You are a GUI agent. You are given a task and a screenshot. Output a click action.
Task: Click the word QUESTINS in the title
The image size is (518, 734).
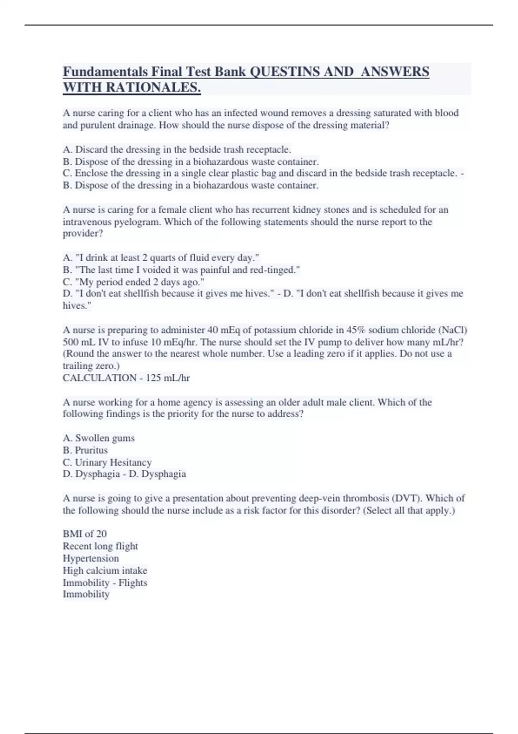click(285, 71)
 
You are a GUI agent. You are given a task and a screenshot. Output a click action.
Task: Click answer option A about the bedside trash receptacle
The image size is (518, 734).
click(177, 149)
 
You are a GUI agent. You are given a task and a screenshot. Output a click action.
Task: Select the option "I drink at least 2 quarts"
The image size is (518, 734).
click(161, 258)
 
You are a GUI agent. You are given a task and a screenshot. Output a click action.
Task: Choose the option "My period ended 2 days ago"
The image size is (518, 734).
click(133, 282)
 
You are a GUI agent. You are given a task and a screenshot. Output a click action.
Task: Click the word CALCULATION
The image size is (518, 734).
click(99, 378)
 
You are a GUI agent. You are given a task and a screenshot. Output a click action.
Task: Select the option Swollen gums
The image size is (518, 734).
click(98, 438)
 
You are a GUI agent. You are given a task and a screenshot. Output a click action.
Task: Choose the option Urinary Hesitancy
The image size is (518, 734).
click(107, 462)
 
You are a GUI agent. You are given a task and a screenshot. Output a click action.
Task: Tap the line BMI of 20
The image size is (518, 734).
click(85, 534)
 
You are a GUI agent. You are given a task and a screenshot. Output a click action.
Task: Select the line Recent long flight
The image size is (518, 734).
click(100, 546)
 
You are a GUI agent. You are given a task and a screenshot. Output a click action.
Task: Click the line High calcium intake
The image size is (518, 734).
click(105, 570)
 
